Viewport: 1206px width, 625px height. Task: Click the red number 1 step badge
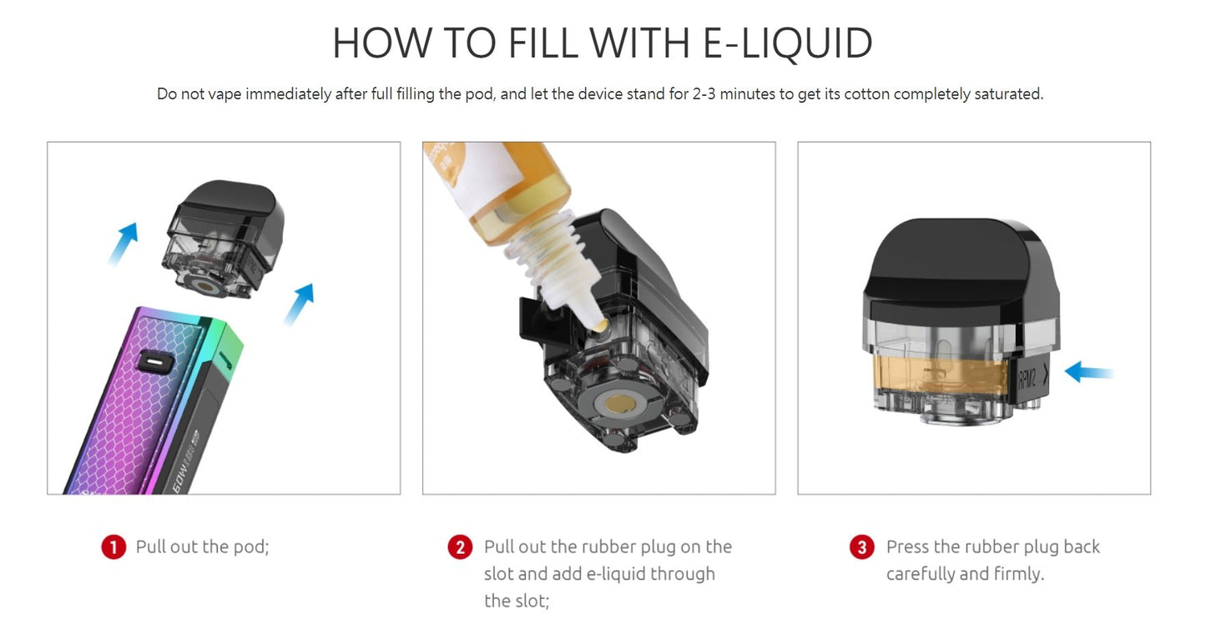pos(114,547)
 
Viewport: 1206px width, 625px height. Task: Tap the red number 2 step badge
pos(461,547)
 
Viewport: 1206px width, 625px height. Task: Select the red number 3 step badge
pos(862,547)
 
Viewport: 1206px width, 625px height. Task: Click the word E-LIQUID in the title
pos(788,43)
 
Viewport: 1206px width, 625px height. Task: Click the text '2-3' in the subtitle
pos(704,93)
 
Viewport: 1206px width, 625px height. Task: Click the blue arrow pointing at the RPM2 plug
pos(1088,372)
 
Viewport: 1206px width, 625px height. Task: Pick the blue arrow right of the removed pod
pos(299,305)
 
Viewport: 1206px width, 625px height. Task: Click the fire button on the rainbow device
pos(155,362)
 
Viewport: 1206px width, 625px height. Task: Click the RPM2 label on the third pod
pos(1027,380)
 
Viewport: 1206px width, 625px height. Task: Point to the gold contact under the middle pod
pos(619,404)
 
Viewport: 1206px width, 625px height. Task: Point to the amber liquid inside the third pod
pos(940,377)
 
